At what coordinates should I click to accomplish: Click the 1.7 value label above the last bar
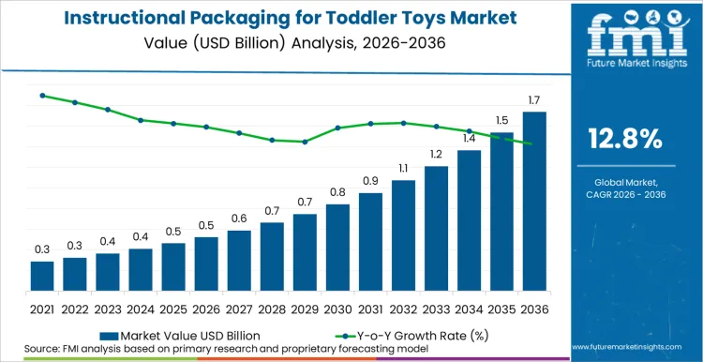pos(533,100)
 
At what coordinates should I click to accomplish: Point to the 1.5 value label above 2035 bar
pos(501,120)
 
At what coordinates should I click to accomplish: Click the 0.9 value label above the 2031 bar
pos(370,181)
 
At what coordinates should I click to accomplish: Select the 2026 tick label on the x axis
pos(206,308)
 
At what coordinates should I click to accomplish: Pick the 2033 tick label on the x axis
pos(436,308)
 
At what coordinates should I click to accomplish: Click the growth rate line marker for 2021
pos(42,96)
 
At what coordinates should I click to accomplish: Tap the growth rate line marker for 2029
pos(305,142)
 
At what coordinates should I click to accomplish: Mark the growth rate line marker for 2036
pos(534,143)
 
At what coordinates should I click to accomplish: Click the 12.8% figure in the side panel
pos(624,140)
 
